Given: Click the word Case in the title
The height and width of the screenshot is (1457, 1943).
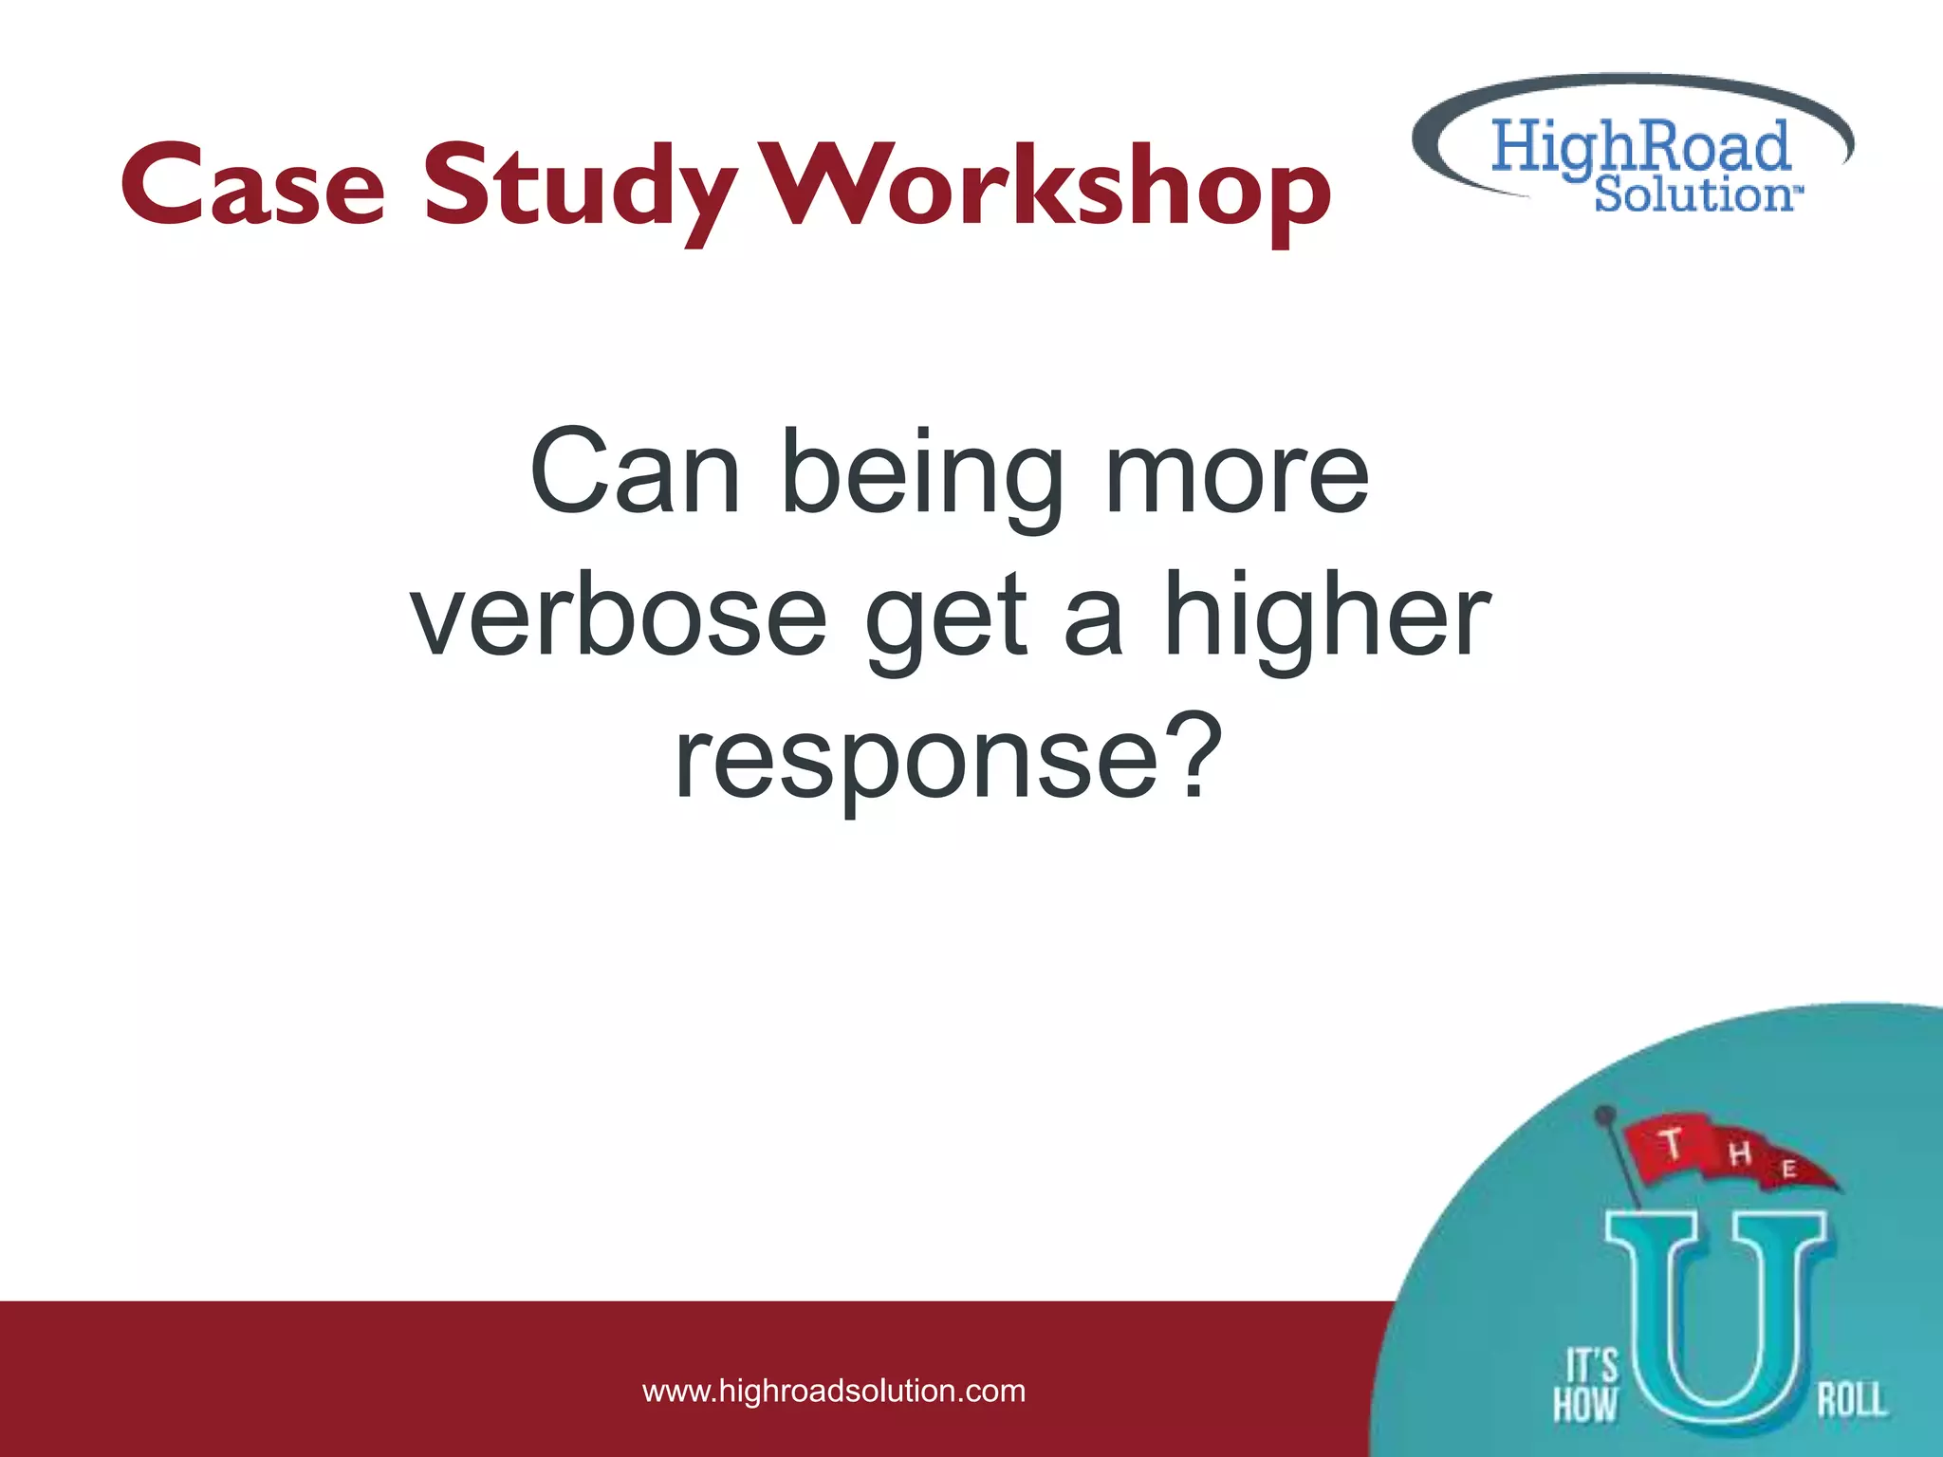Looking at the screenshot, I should [253, 185].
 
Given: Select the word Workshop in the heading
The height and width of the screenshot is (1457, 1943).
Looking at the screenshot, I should [1047, 188].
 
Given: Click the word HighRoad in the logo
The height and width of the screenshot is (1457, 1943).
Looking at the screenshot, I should [1640, 147].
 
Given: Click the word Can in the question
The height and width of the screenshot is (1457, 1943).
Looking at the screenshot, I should [634, 471].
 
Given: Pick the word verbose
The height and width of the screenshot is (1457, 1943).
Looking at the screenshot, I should [619, 617].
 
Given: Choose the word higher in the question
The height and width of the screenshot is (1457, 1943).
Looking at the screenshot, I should [1326, 617].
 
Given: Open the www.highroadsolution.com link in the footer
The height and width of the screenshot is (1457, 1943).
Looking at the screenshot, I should [834, 1392].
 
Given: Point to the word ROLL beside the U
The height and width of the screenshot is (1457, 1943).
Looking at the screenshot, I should [1851, 1400].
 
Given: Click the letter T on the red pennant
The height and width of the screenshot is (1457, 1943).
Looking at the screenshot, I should [1672, 1144].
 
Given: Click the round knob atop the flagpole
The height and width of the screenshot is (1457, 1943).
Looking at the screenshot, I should [1605, 1114].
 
